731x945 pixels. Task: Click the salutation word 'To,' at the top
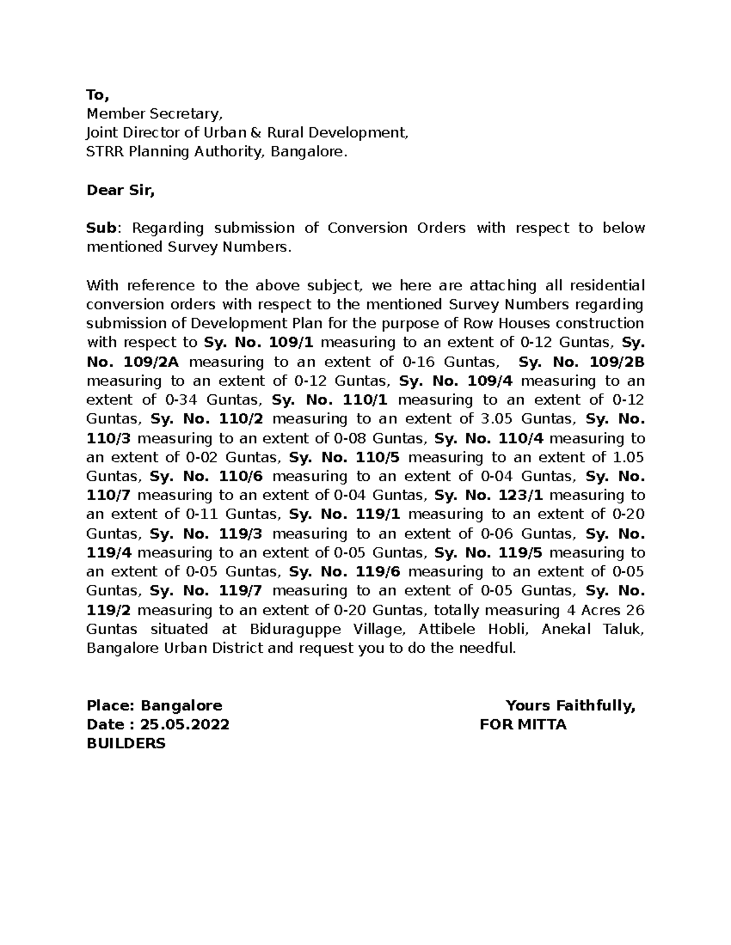(x=97, y=95)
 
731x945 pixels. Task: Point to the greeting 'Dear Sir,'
(x=121, y=190)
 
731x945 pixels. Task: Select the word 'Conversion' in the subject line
(x=367, y=228)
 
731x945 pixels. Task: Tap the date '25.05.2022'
(x=185, y=724)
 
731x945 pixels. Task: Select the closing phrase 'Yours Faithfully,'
(x=570, y=705)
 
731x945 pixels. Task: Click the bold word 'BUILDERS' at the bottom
(x=126, y=743)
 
